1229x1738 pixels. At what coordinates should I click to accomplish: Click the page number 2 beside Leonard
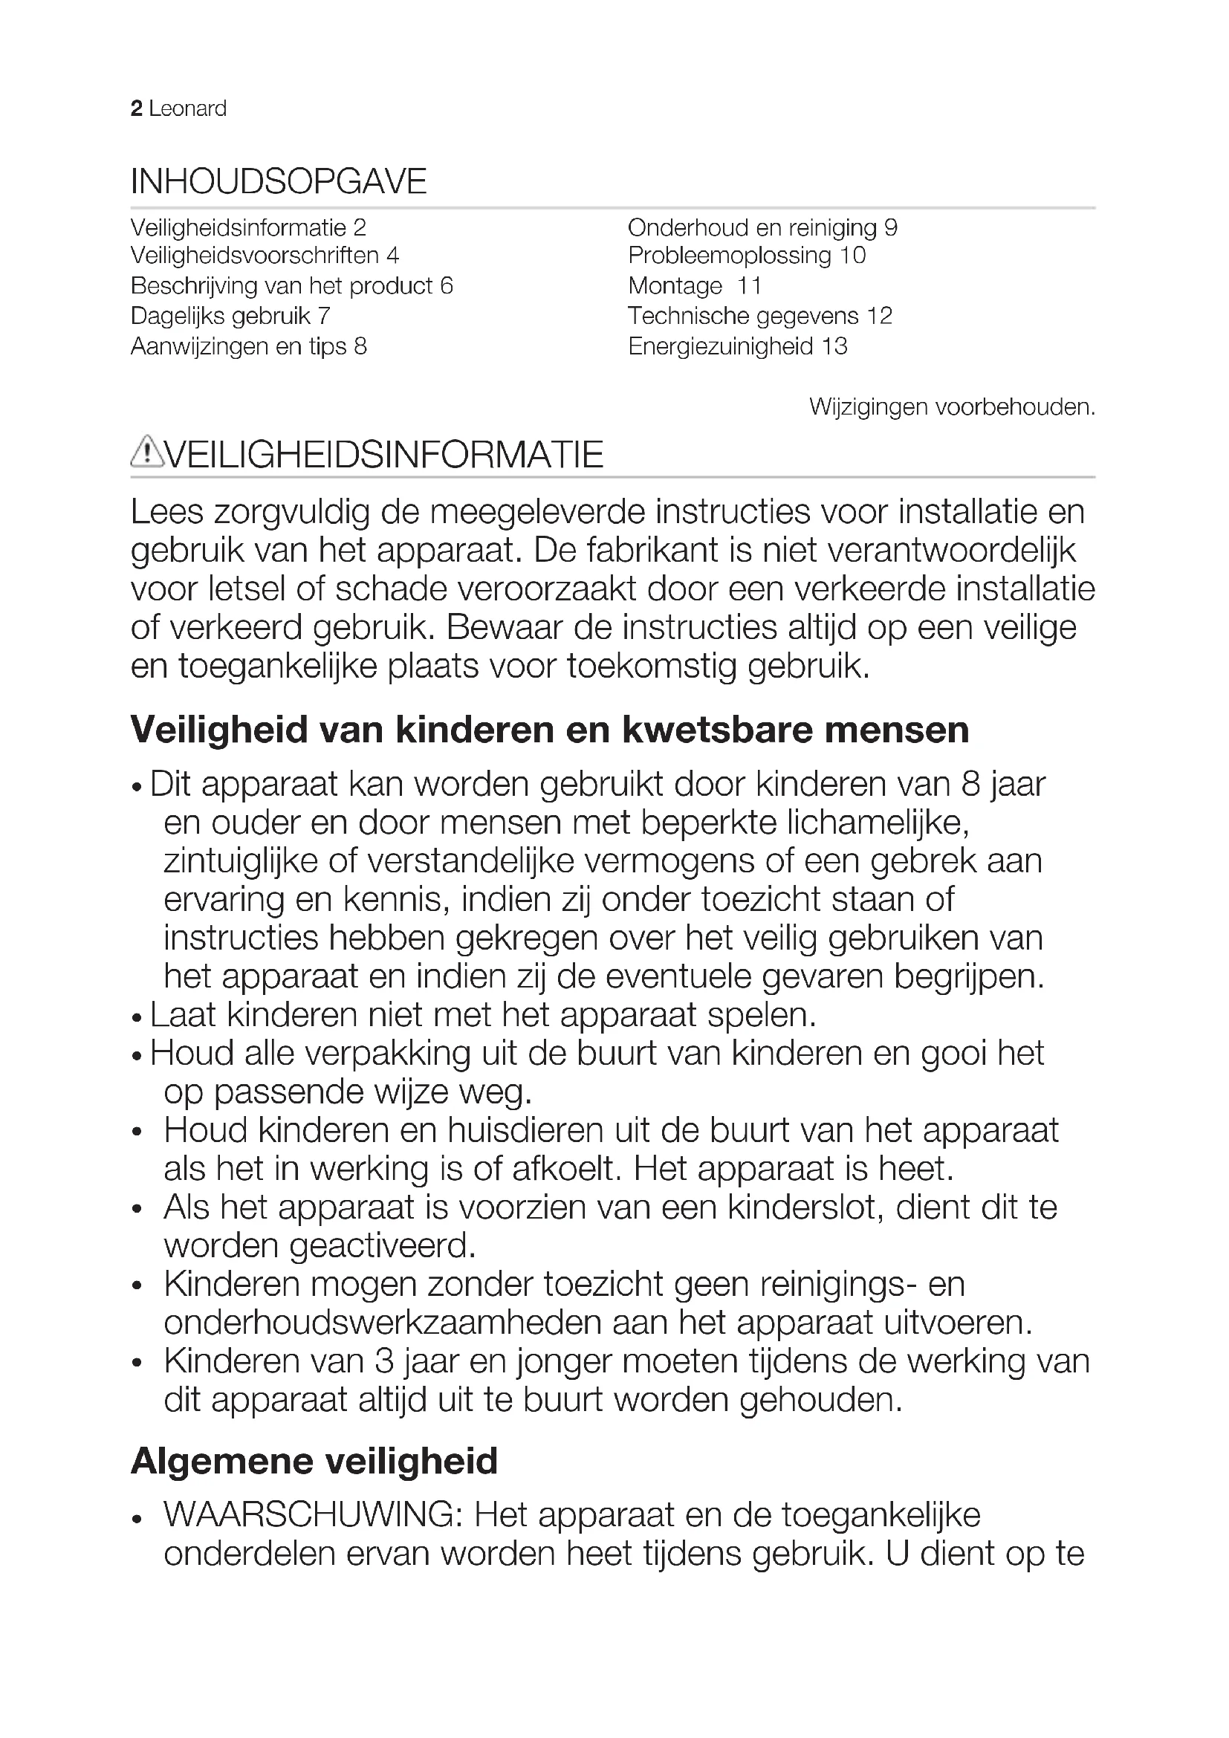pos(136,109)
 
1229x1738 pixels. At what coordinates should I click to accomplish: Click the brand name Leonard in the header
pos(188,109)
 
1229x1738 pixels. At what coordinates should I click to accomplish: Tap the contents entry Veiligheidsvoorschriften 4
pos(264,256)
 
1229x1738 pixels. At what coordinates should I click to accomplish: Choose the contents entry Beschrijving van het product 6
pos(291,286)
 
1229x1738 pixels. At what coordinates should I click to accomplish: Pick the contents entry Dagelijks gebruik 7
pos(230,316)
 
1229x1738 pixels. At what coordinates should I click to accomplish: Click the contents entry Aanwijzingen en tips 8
pos(248,347)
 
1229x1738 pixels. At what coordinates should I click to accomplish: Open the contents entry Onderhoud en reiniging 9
pos(762,228)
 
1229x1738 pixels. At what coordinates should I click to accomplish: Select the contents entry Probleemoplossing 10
pos(746,256)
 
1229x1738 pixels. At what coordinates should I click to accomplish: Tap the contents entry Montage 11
pos(695,286)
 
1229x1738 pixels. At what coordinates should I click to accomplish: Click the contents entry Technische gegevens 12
pos(760,316)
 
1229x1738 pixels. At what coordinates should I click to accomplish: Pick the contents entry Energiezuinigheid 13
pos(737,347)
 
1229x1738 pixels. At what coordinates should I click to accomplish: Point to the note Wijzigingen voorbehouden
pos(951,407)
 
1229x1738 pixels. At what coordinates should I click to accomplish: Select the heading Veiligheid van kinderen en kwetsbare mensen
pos(549,730)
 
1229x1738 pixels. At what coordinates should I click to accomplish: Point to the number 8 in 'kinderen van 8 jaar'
pos(971,784)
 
